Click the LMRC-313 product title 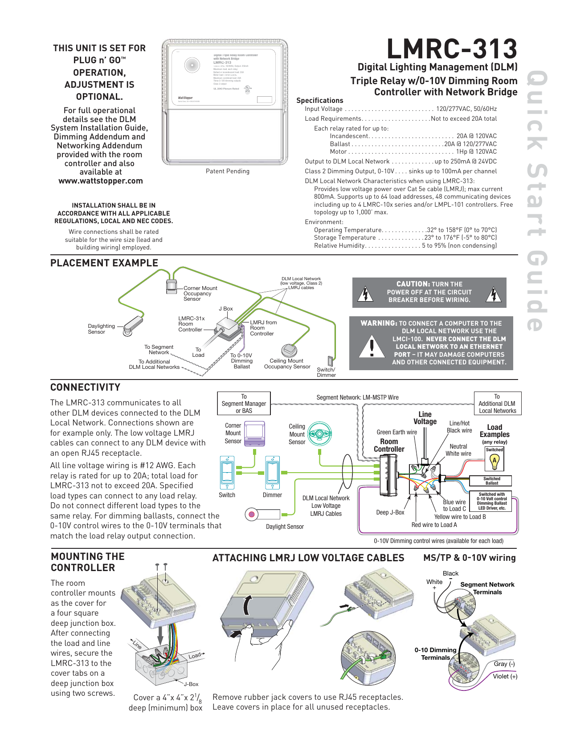click(x=451, y=49)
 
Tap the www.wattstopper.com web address click(x=101, y=181)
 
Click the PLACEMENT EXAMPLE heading click(x=104, y=263)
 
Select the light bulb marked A click(x=494, y=461)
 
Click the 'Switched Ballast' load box click(x=491, y=481)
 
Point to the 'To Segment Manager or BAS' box click(x=244, y=404)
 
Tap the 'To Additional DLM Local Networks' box click(x=497, y=404)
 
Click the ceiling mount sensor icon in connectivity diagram click(x=319, y=434)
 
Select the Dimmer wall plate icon click(x=272, y=473)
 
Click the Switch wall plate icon click(x=227, y=473)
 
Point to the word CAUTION click(x=413, y=284)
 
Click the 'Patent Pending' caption click(x=228, y=171)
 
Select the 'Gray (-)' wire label click(x=504, y=664)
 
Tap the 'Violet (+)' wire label click(x=505, y=676)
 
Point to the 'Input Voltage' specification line click(x=400, y=109)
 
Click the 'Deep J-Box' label click(x=390, y=512)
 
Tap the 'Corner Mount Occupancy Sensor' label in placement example click(x=200, y=294)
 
